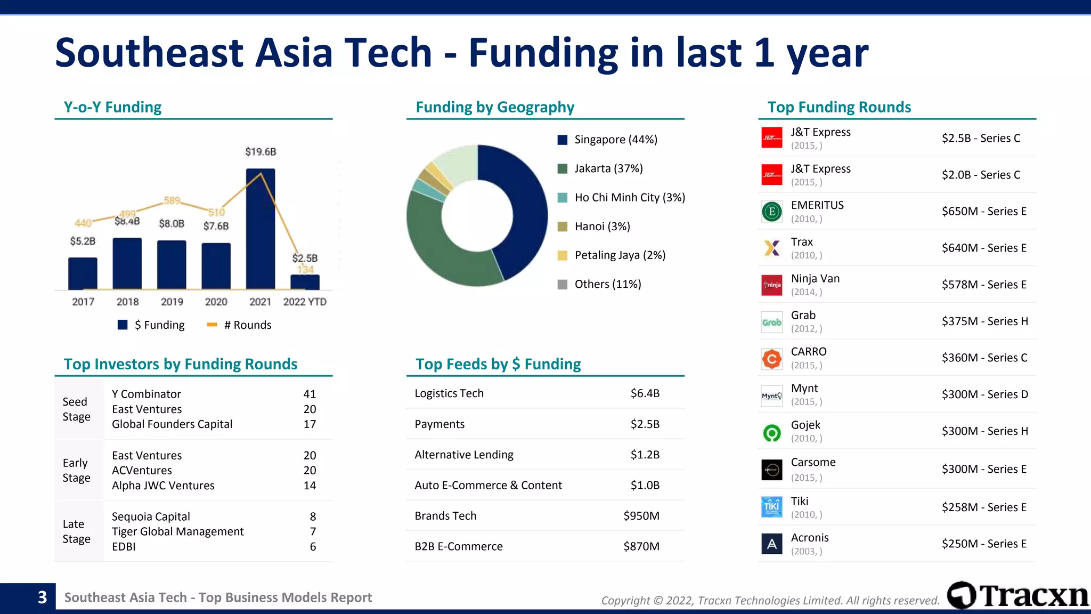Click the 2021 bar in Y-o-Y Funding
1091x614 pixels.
(260, 229)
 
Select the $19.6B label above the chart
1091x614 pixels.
(260, 152)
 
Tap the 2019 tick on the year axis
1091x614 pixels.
(172, 302)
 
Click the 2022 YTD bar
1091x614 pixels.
(305, 282)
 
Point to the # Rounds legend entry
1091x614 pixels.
(239, 325)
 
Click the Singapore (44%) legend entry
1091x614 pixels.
(607, 140)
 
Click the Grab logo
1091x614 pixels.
(771, 322)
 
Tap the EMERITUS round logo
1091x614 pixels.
(771, 212)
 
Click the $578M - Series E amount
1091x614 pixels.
(984, 285)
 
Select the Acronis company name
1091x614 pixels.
(810, 538)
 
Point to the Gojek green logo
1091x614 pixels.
(771, 432)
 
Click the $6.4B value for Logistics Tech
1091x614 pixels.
(645, 393)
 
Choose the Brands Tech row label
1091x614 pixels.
(445, 516)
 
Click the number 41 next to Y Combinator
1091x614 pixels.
(310, 394)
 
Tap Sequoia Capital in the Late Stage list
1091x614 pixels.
(151, 516)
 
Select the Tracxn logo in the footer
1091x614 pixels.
(1017, 595)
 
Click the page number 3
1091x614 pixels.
(42, 597)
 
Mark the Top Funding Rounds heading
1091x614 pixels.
(839, 107)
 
